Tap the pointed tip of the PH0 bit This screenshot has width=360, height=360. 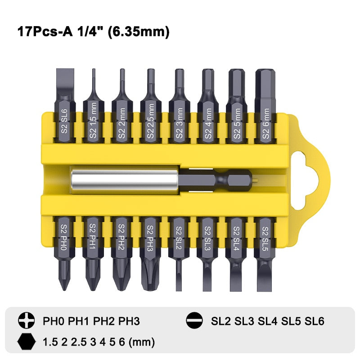[64, 288]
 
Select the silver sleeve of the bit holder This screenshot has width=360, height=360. [125, 180]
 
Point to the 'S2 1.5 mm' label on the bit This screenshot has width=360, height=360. [93, 120]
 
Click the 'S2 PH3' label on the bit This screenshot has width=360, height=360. [150, 238]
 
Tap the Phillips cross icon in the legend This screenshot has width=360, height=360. [27, 320]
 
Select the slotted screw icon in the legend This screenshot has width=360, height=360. [194, 320]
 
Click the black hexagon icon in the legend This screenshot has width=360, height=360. [27, 342]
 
